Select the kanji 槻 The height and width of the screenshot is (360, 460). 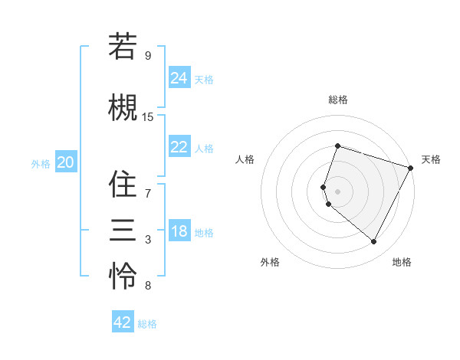click(x=123, y=107)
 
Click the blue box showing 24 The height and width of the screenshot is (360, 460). click(x=179, y=77)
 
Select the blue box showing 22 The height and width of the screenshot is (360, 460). click(x=179, y=147)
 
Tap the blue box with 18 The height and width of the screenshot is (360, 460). click(x=179, y=232)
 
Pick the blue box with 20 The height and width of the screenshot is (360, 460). click(x=66, y=162)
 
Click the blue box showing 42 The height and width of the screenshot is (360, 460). click(x=123, y=322)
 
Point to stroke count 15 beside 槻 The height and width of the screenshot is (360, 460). click(x=148, y=117)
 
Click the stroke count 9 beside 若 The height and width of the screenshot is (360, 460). click(x=148, y=55)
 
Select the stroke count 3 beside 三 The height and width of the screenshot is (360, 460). click(x=148, y=241)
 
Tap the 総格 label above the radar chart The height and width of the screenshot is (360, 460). click(x=338, y=100)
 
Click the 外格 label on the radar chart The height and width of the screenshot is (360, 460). click(x=270, y=262)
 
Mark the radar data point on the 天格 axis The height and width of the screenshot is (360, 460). click(x=410, y=168)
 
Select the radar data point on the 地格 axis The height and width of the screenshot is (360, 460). click(x=374, y=241)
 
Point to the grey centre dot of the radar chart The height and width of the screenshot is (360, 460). click(x=338, y=191)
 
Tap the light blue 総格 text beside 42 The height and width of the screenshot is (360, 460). click(x=147, y=324)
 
